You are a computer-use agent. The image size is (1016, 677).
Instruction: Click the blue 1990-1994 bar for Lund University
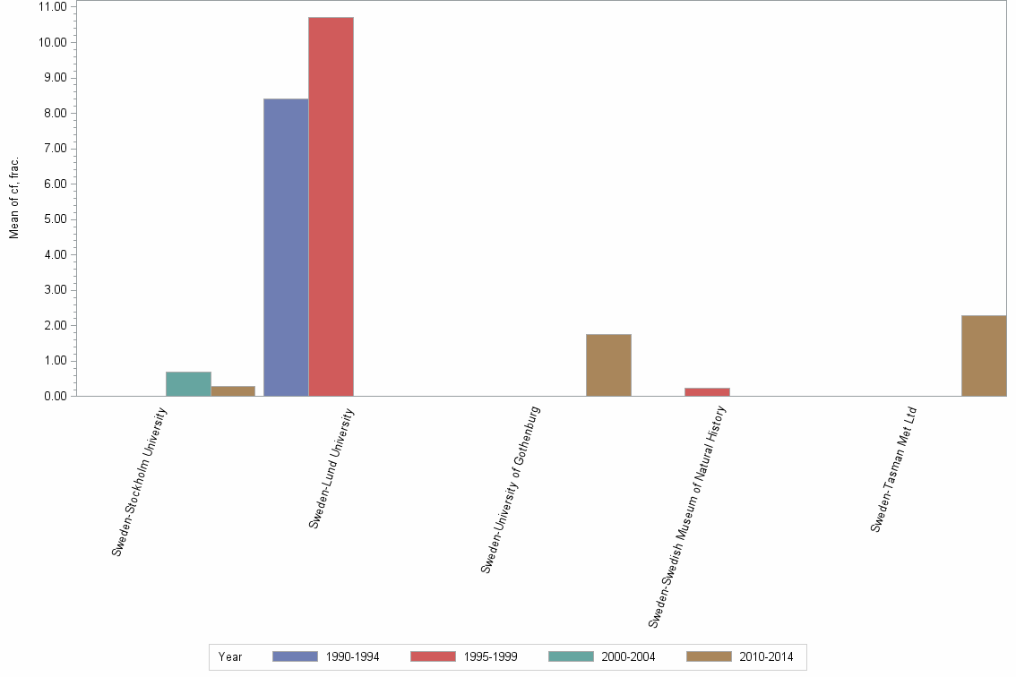[286, 247]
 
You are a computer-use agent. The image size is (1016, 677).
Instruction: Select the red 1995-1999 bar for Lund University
[331, 207]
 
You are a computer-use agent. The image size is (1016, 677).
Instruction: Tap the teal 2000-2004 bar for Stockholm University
[188, 383]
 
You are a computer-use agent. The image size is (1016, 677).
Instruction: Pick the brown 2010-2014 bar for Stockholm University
[233, 390]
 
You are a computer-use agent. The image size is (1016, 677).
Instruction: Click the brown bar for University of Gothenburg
[608, 364]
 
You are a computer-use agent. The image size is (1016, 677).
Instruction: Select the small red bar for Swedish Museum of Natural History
[707, 391]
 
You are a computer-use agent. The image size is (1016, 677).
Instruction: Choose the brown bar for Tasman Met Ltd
[984, 356]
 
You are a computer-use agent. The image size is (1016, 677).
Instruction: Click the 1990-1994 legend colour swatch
[295, 656]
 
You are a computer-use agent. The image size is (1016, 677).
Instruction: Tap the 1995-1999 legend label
[490, 656]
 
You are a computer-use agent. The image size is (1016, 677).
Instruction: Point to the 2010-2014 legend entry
[739, 656]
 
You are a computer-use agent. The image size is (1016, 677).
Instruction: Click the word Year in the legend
[230, 656]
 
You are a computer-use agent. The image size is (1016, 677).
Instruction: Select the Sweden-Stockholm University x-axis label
[139, 481]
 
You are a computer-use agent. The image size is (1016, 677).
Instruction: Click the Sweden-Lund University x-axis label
[331, 467]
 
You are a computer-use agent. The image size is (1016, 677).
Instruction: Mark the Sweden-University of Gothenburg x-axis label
[511, 489]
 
